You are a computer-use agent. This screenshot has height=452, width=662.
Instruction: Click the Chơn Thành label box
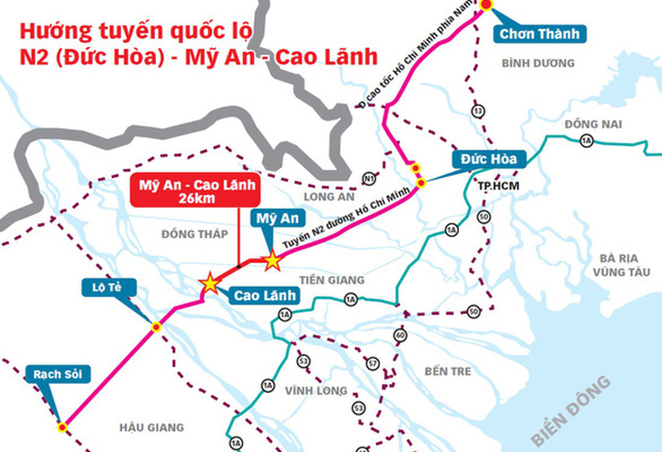[x=539, y=34]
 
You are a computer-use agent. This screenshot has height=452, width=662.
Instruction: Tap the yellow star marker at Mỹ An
[x=272, y=261]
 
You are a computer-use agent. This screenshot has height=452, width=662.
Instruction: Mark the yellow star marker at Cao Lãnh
[x=210, y=283]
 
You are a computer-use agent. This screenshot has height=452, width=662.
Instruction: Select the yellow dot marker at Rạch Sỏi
[x=62, y=426]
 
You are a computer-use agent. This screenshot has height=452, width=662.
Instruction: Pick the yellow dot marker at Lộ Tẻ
[x=156, y=326]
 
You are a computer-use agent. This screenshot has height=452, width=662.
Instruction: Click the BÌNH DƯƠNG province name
[x=538, y=64]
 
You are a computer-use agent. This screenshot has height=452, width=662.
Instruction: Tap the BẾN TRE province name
[x=448, y=370]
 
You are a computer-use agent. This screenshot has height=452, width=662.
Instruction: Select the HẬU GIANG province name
[x=152, y=427]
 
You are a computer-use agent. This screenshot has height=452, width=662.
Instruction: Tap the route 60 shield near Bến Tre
[x=402, y=335]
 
